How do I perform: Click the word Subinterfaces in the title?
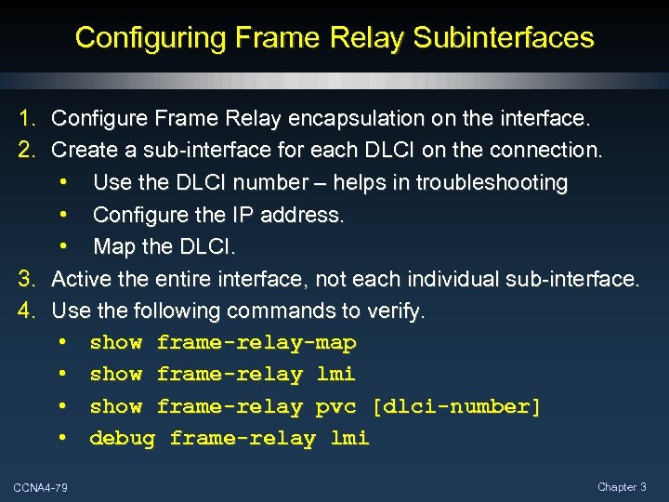point(504,38)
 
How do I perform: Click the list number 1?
point(27,119)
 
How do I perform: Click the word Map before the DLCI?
point(114,247)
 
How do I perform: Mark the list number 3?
point(27,278)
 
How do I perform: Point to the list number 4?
point(27,310)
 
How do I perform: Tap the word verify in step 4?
point(397,310)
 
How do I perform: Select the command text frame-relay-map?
point(256,343)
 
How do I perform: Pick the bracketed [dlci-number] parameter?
point(456,406)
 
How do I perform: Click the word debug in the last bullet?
point(122,438)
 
